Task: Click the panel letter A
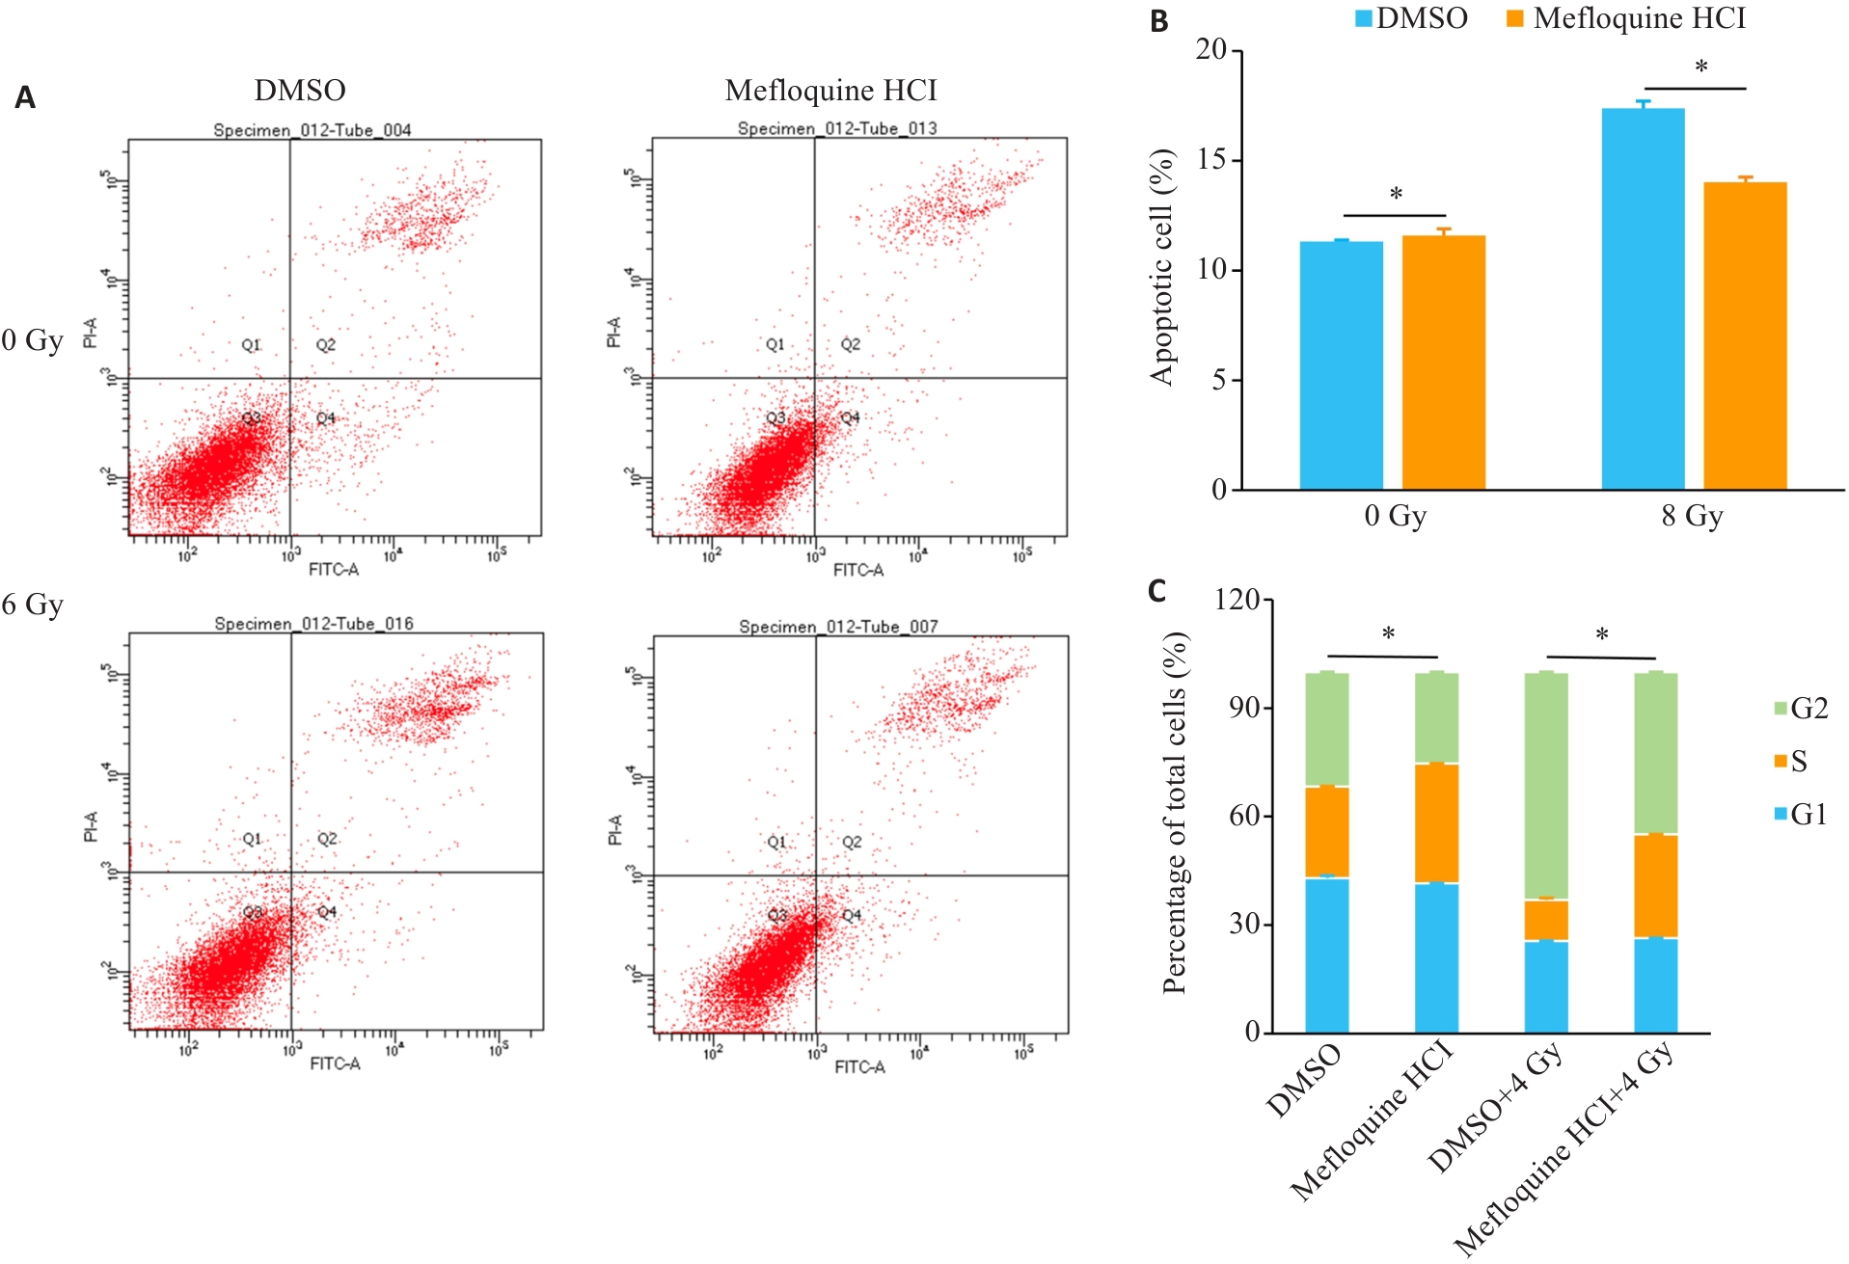coord(26,97)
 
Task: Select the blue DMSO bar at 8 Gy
coord(1643,299)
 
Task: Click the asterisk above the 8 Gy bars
coord(1701,67)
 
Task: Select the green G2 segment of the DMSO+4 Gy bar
coord(1546,786)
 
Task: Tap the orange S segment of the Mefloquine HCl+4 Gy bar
coord(1655,886)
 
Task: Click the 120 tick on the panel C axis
coord(1237,600)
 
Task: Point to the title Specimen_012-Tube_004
coord(313,130)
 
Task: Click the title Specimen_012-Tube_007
coord(838,627)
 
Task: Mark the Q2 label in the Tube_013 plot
coord(850,344)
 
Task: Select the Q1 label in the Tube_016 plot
coord(252,839)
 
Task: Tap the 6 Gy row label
coord(33,605)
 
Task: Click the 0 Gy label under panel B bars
coord(1395,516)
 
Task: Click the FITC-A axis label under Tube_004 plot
coord(334,570)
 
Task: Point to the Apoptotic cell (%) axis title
coord(1163,268)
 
